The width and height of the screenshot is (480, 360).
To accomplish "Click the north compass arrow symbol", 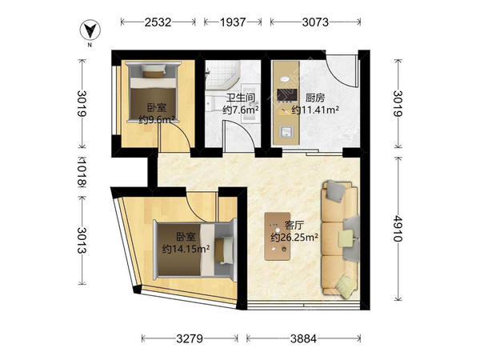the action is [90, 30].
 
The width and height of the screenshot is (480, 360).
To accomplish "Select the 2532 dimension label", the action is [158, 22].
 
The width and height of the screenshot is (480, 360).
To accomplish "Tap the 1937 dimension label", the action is [233, 22].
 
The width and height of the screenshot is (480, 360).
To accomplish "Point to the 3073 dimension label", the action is [315, 22].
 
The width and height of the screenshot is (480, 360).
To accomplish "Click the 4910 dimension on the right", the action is [398, 229].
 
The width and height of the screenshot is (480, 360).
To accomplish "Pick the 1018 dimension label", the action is [82, 172].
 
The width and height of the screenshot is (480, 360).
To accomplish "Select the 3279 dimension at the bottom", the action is [190, 338].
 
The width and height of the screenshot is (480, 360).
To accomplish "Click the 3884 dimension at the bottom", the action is [303, 338].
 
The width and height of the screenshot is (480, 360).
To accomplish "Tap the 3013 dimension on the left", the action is [82, 240].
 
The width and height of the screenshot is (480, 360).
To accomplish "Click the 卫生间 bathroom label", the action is [241, 98].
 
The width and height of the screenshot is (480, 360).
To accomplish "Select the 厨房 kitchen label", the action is [315, 98].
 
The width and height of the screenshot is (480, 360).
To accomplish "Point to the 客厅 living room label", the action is [294, 226].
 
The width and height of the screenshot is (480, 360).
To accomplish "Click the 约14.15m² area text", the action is [186, 249].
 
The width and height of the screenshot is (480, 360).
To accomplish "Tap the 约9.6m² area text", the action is [157, 119].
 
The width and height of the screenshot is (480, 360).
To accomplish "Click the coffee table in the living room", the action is [278, 236].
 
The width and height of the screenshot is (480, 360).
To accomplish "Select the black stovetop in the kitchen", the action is [287, 95].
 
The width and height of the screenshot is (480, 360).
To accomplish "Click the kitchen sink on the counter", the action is [286, 132].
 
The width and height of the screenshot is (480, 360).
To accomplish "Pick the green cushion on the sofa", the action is [346, 238].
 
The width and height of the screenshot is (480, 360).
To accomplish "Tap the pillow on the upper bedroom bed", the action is [154, 70].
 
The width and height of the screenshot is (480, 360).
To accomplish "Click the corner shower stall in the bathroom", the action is [222, 74].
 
